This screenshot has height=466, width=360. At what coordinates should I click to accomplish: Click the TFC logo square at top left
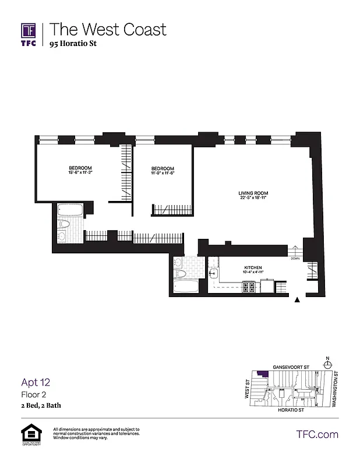click(x=29, y=30)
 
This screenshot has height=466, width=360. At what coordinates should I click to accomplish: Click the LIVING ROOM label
click(x=253, y=193)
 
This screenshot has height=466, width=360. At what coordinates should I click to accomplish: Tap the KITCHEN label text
click(x=253, y=267)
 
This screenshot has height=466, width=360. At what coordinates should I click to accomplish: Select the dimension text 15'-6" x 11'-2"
click(x=80, y=173)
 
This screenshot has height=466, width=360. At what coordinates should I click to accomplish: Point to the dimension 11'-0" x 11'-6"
click(x=163, y=173)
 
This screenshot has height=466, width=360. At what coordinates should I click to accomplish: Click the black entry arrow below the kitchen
click(x=298, y=300)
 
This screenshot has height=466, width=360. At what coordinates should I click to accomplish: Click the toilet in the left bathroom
click(x=64, y=224)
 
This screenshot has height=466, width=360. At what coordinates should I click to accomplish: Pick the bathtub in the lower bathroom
click(x=185, y=285)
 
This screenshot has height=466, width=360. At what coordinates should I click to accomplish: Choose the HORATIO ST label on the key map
click(x=291, y=410)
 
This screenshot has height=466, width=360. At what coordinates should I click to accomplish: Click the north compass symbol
click(x=328, y=364)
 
